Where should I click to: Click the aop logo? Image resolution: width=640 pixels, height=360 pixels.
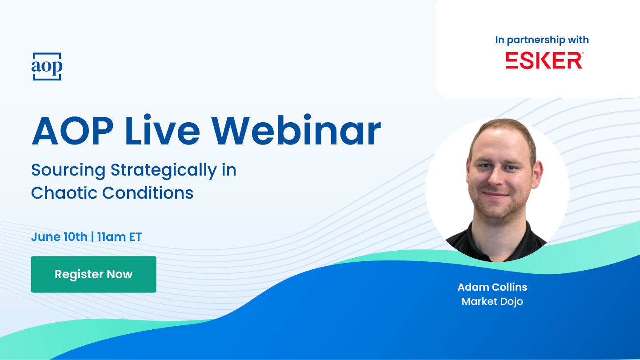click(47, 67)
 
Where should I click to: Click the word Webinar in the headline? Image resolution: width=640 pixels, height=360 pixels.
click(296, 131)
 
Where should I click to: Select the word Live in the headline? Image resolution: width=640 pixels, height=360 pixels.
click(162, 131)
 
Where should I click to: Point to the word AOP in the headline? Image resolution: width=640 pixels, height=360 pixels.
click(72, 131)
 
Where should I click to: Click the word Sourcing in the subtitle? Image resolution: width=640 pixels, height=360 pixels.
click(68, 171)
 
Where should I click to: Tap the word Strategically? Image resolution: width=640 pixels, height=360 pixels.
click(164, 171)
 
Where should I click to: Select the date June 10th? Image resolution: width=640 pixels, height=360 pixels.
click(59, 237)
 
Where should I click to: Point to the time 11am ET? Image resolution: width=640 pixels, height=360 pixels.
click(119, 237)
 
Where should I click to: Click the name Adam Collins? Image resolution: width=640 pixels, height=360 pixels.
click(492, 287)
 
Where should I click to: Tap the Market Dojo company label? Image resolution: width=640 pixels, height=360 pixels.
click(492, 302)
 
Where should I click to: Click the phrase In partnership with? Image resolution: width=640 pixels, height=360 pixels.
click(542, 40)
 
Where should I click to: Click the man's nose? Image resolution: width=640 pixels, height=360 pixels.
click(497, 177)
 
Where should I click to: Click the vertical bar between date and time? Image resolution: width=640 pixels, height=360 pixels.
click(92, 237)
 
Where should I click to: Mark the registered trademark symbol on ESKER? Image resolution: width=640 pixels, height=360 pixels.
click(583, 53)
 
